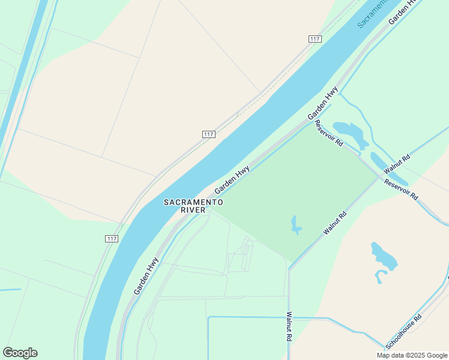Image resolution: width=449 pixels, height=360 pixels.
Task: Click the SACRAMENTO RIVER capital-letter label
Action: pos(185,206)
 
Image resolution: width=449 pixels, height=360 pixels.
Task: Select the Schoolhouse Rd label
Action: pos(405,332)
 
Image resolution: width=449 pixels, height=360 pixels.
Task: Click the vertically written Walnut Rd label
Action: pos(289,326)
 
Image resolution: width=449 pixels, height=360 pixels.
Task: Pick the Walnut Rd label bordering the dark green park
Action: pos(335,222)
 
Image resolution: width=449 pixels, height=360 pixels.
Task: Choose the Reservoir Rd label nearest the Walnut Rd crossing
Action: pos(401,190)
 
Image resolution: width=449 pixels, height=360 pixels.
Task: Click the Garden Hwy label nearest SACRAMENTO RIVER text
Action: pos(232,179)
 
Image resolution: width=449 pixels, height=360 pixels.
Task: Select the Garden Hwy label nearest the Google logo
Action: pos(146,275)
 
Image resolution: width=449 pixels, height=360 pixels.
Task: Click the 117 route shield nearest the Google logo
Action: pos(111,238)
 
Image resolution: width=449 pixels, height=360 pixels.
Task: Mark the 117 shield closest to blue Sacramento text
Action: pos(315,39)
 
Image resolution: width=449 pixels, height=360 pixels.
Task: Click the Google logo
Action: pos(20,353)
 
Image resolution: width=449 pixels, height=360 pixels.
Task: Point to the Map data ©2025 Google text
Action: pos(412,355)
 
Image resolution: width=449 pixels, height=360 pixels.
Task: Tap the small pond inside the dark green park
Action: pos(295,224)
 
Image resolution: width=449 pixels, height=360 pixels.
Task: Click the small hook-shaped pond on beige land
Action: pos(380,277)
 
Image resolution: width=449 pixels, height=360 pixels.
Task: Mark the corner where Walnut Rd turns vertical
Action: pos(289,268)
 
